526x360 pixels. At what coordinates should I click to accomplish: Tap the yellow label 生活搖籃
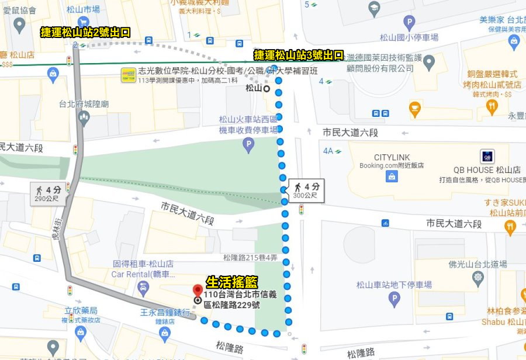[x=231, y=282]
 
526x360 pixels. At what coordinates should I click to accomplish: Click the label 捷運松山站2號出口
[x=85, y=32]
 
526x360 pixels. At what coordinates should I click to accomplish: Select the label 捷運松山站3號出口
[x=298, y=55]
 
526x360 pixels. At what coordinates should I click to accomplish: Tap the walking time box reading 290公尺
[x=48, y=193]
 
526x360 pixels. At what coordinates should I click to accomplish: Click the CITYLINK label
[x=392, y=157]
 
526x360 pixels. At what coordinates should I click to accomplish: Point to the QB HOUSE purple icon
[x=487, y=157]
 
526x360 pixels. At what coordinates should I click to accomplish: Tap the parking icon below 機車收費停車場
[x=249, y=144]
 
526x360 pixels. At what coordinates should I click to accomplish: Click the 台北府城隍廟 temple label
[x=84, y=105]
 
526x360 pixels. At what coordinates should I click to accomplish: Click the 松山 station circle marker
[x=267, y=89]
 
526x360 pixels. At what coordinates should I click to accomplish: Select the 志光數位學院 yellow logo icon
[x=128, y=75]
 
